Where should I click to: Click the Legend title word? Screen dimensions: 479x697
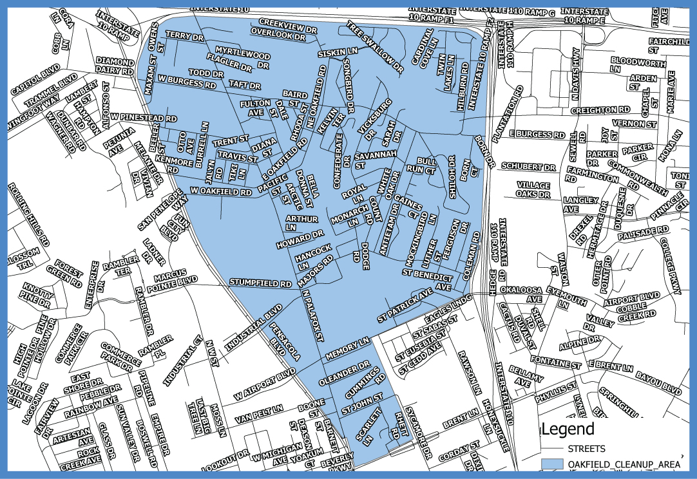click(x=568, y=429)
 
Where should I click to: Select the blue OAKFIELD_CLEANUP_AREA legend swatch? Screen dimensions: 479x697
click(x=552, y=464)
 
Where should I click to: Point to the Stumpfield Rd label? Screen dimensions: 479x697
click(x=261, y=283)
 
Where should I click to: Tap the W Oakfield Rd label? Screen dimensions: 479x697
click(x=221, y=192)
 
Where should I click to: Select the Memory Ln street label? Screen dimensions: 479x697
click(x=347, y=347)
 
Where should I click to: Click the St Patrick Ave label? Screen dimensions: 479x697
click(x=405, y=303)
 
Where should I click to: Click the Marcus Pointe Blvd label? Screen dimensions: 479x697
click(x=175, y=277)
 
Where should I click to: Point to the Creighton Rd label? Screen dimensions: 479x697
click(x=600, y=110)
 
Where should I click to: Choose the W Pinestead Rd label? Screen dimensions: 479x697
click(x=143, y=118)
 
